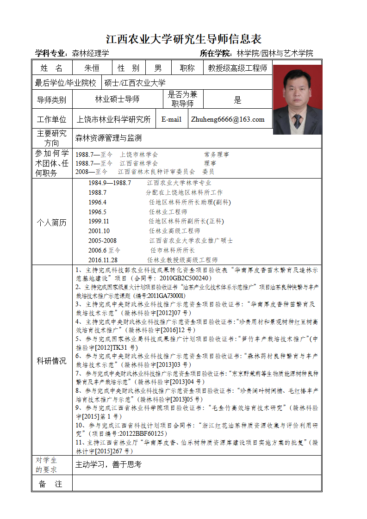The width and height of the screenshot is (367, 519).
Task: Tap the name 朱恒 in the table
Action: point(92,68)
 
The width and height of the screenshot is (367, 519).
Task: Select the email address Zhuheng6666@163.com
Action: point(228,119)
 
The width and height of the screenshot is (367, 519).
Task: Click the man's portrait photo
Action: point(297,99)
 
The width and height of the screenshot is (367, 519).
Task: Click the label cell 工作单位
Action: point(51,119)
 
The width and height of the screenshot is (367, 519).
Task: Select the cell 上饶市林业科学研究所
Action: point(113,119)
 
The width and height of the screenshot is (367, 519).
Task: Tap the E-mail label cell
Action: point(171,119)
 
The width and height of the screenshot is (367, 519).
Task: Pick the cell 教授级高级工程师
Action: point(237,68)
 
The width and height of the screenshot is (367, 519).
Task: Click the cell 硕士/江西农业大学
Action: point(135,83)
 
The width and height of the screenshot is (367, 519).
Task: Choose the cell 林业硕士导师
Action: point(117,99)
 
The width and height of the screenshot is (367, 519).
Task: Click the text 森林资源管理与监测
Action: point(108,138)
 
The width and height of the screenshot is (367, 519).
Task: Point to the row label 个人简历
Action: point(51,222)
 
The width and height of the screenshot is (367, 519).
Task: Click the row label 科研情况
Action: point(51,361)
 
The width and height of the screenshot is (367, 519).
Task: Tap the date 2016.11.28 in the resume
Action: point(103,260)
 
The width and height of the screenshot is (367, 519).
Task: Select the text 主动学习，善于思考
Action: point(108,465)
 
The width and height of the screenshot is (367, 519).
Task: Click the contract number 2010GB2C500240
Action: point(185,278)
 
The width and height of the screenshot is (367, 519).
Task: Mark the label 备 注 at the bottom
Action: point(51,484)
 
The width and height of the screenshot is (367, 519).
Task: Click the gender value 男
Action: point(158,68)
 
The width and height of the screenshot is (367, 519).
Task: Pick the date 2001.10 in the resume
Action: point(99,231)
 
